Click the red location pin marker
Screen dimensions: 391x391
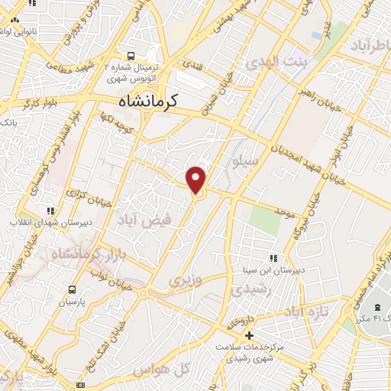(197, 179)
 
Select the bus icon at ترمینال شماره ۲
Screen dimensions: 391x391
(131, 56)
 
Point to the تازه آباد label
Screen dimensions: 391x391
(305, 313)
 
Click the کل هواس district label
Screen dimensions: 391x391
(160, 370)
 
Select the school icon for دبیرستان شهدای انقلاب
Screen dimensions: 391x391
(50, 210)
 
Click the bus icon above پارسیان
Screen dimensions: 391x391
(73, 289)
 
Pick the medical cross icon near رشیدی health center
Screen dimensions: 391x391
(247, 335)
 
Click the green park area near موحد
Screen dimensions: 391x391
(264, 221)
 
